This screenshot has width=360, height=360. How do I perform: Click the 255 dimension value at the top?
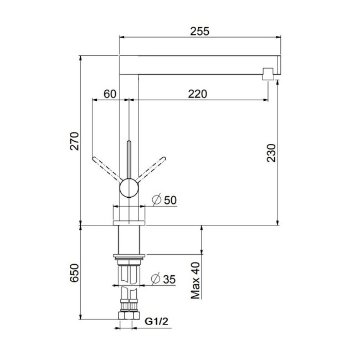coord(200,32)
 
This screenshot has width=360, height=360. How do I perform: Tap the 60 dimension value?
coord(110,94)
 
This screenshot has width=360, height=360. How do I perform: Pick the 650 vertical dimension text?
coord(75,274)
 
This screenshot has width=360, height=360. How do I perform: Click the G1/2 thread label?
coord(156,321)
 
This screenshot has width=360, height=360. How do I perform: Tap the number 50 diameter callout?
coord(169,200)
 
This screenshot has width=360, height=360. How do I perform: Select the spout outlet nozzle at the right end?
coord(268,74)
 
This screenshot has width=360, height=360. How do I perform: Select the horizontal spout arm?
coord(199,61)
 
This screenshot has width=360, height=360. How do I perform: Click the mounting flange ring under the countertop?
coord(128,255)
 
